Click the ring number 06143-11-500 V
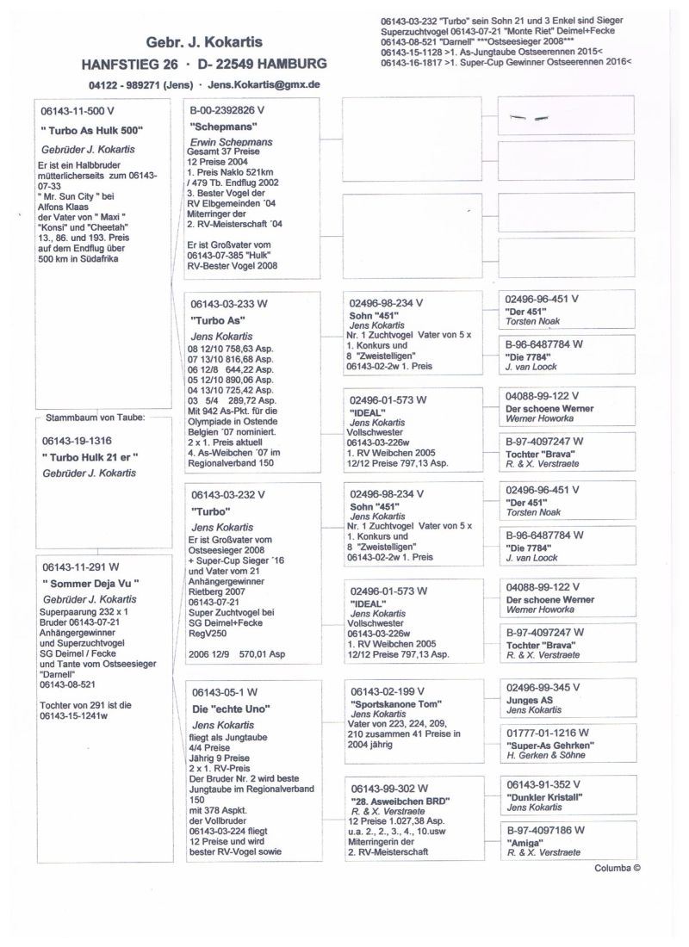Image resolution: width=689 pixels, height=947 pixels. click(82, 112)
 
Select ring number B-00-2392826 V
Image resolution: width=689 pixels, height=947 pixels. click(227, 111)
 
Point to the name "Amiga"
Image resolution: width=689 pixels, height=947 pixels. click(524, 842)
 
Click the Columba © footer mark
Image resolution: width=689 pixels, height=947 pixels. click(617, 868)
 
